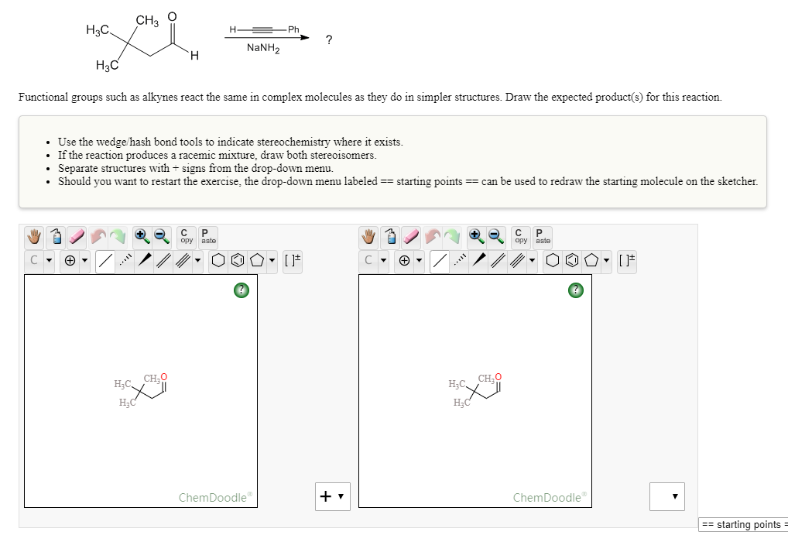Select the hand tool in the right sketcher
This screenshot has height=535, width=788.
pos(369,235)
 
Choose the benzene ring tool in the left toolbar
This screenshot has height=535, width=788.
pos(238,260)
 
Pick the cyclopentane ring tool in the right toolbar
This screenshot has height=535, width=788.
pos(593,260)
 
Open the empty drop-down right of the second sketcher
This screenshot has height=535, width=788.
pos(666,495)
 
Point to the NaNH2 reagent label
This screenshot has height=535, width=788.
pos(263,49)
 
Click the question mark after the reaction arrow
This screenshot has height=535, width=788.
pos(329,40)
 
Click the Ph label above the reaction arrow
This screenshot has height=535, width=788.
pos(293,30)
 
